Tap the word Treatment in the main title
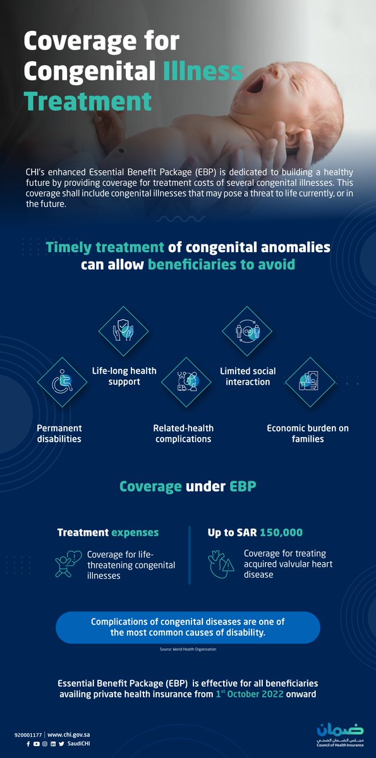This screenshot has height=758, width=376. pyautogui.click(x=88, y=101)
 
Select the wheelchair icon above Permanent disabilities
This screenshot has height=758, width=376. pyautogui.click(x=63, y=382)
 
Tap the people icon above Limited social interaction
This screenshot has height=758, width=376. pyautogui.click(x=246, y=332)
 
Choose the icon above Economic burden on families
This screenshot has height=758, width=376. pyautogui.click(x=308, y=382)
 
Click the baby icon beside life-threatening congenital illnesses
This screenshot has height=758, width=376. pyautogui.click(x=69, y=563)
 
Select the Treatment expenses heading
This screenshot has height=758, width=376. pyautogui.click(x=108, y=532)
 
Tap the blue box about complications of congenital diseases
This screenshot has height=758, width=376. pyautogui.click(x=188, y=627)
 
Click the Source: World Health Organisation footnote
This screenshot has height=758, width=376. pyautogui.click(x=188, y=649)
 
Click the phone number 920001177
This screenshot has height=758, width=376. pyautogui.click(x=28, y=735)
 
